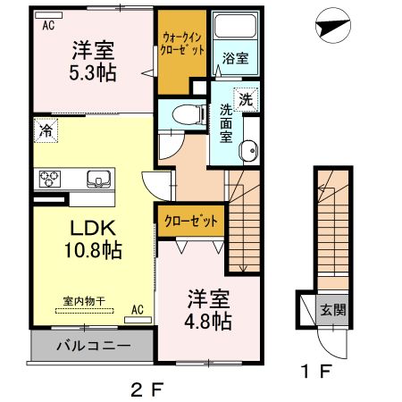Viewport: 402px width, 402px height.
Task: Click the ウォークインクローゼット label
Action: (x=183, y=45)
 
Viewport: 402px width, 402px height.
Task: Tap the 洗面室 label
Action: (x=227, y=124)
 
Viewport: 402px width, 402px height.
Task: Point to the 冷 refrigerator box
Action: (x=46, y=131)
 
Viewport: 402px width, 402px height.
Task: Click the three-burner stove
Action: (x=48, y=178)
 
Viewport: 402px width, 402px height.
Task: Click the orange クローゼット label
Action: (x=188, y=220)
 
